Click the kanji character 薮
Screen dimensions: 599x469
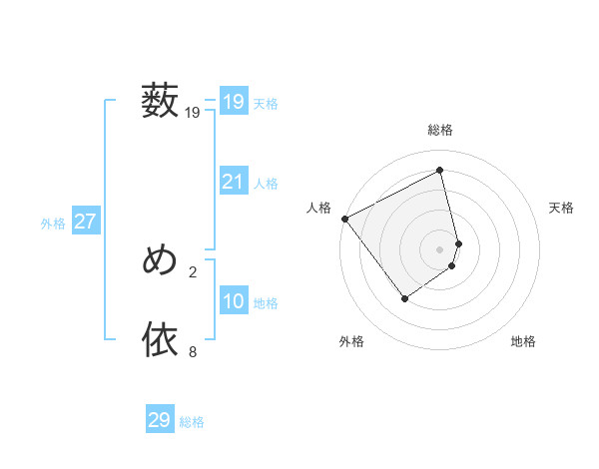160,102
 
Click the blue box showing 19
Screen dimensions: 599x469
233,102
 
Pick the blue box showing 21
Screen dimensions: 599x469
233,182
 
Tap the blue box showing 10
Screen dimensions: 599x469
233,301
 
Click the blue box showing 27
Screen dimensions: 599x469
85,222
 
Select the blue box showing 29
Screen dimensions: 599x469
160,420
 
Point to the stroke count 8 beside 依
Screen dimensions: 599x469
193,351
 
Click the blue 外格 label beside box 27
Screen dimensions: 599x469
53,224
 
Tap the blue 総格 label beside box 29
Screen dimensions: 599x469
192,422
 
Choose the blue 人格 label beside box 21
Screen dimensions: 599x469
266,184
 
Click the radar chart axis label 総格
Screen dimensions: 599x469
440,130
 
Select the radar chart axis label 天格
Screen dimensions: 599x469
562,208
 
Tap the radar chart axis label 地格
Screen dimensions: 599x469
523,342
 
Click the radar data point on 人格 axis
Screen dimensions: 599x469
344,219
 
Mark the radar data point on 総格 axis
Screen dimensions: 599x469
440,170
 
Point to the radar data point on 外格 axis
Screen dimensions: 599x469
405,297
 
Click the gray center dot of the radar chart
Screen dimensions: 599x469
440,249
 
